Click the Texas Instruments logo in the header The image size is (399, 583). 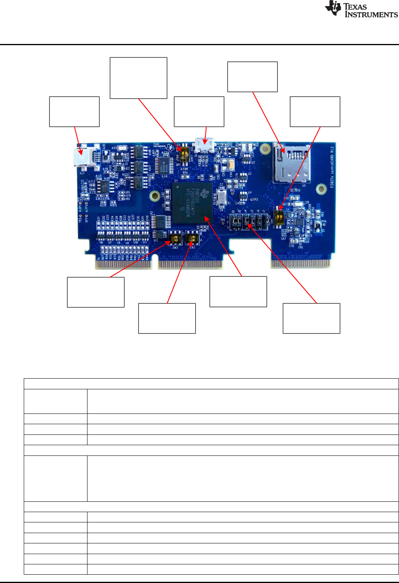pos(361,10)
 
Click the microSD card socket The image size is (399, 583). pos(291,162)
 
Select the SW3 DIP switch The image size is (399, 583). pos(175,239)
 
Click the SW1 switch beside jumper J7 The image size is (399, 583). pos(279,217)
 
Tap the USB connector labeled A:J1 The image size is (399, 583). pos(84,158)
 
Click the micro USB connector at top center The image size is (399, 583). pos(205,145)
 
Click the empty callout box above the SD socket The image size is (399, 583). pos(253,77)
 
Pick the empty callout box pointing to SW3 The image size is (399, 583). pos(96,292)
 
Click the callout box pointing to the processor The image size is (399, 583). pos(238,291)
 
